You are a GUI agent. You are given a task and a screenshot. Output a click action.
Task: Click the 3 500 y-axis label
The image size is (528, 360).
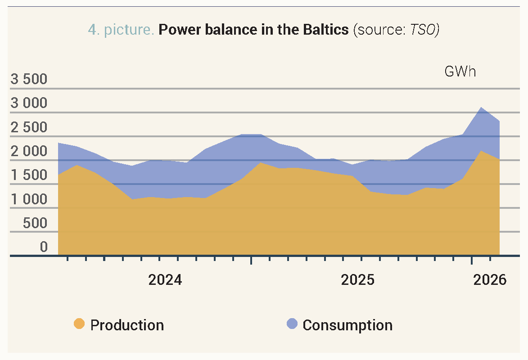pos(29,80)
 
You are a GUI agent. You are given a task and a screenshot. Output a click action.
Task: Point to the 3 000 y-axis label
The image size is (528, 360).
pos(29,103)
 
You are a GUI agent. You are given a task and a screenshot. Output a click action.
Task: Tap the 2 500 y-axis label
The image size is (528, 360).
pos(29,128)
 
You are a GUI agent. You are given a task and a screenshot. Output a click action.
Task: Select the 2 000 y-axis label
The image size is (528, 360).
pos(29,152)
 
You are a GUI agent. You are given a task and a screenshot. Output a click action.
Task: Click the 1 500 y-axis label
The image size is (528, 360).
pos(29,175)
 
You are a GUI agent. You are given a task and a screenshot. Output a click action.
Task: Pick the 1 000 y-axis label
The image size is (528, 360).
pos(29,199)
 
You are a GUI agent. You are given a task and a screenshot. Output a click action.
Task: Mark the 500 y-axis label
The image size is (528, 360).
pos(35,223)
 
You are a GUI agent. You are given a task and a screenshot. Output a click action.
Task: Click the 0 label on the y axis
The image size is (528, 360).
pos(44,247)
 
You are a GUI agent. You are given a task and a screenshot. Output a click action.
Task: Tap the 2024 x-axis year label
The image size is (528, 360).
pos(165,280)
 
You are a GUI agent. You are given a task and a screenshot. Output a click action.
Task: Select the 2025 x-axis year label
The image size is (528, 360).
pos(358,280)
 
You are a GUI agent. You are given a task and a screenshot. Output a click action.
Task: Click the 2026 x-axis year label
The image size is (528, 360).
pos(490,280)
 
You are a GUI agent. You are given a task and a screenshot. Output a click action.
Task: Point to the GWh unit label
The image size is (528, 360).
pos(460,72)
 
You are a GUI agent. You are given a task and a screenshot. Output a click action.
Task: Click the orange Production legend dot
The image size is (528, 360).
pos(79,324)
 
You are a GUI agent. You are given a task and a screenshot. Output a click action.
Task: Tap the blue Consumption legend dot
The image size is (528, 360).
pos(292,324)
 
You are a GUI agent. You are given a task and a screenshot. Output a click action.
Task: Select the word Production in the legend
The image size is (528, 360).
pos(127,325)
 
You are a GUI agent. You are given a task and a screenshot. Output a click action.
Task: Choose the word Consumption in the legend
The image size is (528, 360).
pos(347,325)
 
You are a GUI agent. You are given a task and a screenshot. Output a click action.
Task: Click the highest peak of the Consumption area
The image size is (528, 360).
pos(481,108)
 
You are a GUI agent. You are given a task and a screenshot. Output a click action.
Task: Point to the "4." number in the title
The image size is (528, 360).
pos(94,30)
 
